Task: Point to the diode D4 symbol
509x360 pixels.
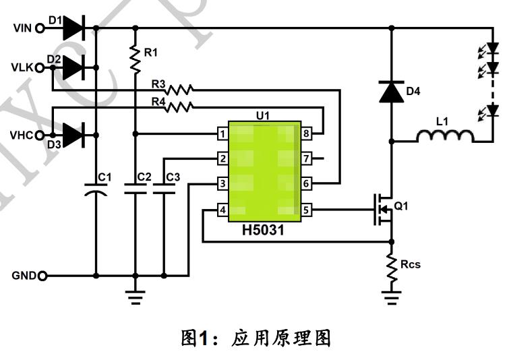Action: pyautogui.click(x=392, y=91)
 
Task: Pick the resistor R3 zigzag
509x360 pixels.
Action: pyautogui.click(x=180, y=89)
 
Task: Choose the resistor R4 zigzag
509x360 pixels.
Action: pyautogui.click(x=180, y=106)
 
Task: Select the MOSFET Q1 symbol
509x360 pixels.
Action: pyautogui.click(x=382, y=210)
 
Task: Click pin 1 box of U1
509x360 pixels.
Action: pyautogui.click(x=222, y=134)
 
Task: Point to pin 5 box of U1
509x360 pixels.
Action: pyautogui.click(x=307, y=210)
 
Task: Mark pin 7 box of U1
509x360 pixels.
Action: pyautogui.click(x=307, y=159)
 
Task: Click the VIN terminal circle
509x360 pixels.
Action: pyautogui.click(x=39, y=28)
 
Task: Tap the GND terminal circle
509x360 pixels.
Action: pyautogui.click(x=44, y=276)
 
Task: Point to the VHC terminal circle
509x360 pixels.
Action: pyautogui.click(x=39, y=135)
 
